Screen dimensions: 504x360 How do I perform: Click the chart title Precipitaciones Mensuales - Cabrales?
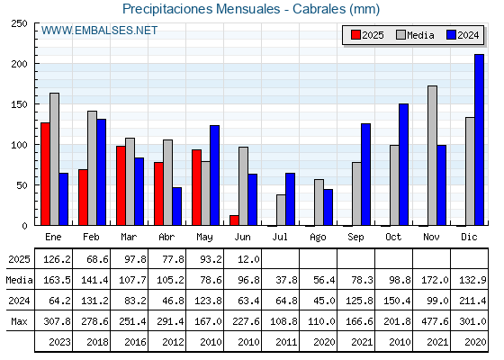pyautogui.click(x=251, y=9)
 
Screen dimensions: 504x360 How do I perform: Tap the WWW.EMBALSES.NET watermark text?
pyautogui.click(x=99, y=31)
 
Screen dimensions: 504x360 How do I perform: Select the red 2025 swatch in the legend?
pyautogui.click(x=355, y=35)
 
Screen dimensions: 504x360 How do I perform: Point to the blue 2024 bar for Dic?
pyautogui.click(x=479, y=139)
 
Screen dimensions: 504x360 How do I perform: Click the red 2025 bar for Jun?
pyautogui.click(x=234, y=220)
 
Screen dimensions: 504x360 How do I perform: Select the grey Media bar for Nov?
pyautogui.click(x=432, y=156)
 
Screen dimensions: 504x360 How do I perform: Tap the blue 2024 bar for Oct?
pyautogui.click(x=403, y=165)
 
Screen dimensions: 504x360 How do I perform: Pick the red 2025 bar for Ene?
pyautogui.click(x=45, y=174)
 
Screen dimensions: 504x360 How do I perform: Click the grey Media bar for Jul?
pyautogui.click(x=281, y=210)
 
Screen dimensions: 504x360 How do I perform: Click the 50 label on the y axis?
pyautogui.click(x=22, y=185)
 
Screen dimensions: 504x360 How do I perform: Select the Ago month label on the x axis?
pyautogui.click(x=318, y=238)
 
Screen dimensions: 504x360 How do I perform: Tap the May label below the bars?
pyautogui.click(x=205, y=238)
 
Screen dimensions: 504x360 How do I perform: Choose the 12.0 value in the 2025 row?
pyautogui.click(x=248, y=259)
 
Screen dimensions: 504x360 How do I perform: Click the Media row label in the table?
pyautogui.click(x=19, y=280)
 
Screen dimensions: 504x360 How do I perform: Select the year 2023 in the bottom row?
pyautogui.click(x=59, y=342)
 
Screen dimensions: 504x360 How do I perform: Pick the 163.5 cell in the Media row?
pyautogui.click(x=57, y=280)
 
